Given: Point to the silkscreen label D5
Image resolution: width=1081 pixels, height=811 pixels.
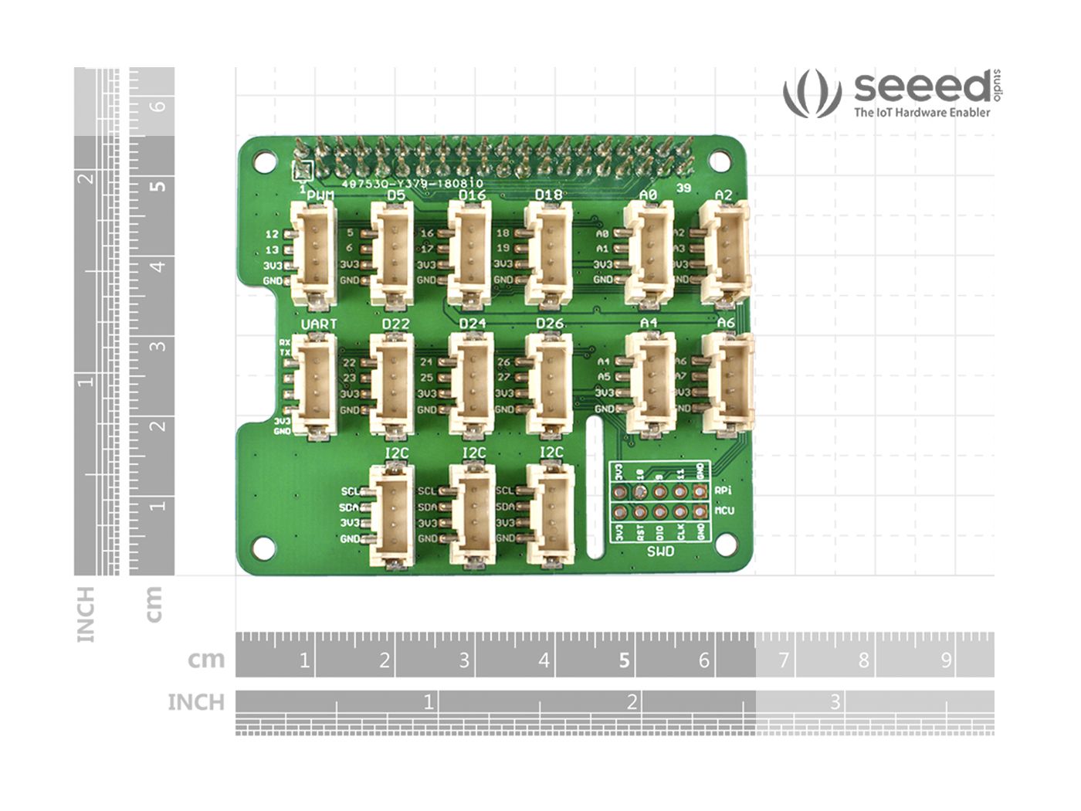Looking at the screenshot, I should click(396, 195).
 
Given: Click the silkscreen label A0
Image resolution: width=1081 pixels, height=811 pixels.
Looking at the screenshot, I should click(648, 195).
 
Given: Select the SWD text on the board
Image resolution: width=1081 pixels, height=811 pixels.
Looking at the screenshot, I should click(660, 551).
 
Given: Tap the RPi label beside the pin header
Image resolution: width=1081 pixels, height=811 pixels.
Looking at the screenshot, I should click(723, 490).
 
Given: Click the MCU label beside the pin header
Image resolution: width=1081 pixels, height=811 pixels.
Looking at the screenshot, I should click(724, 511).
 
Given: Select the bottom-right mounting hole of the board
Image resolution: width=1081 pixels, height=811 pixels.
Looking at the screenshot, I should click(724, 545).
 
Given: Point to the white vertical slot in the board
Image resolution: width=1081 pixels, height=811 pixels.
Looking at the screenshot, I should click(595, 487).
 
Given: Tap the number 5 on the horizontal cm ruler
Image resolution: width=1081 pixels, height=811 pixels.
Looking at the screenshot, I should click(624, 660).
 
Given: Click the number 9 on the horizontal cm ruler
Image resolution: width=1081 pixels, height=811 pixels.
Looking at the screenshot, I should click(945, 660).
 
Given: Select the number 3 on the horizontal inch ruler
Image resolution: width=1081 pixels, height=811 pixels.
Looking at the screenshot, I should click(835, 702).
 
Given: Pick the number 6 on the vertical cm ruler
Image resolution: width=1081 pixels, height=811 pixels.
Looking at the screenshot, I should click(158, 105).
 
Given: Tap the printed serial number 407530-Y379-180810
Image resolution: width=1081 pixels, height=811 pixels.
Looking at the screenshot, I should click(412, 184).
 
